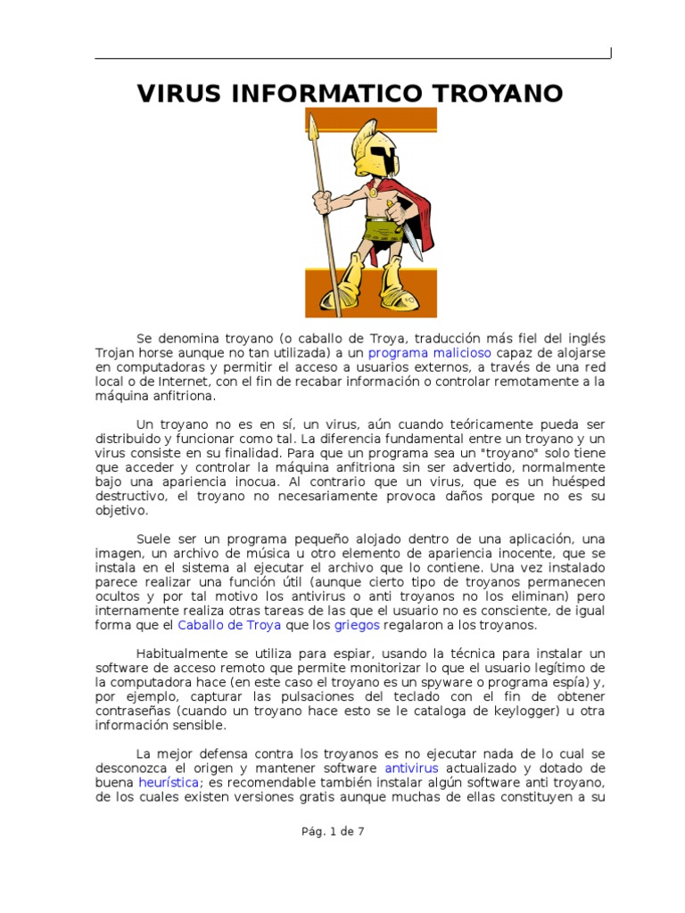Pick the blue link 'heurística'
click(169, 782)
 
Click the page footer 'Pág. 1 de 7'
click(332, 831)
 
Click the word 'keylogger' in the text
click(521, 711)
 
